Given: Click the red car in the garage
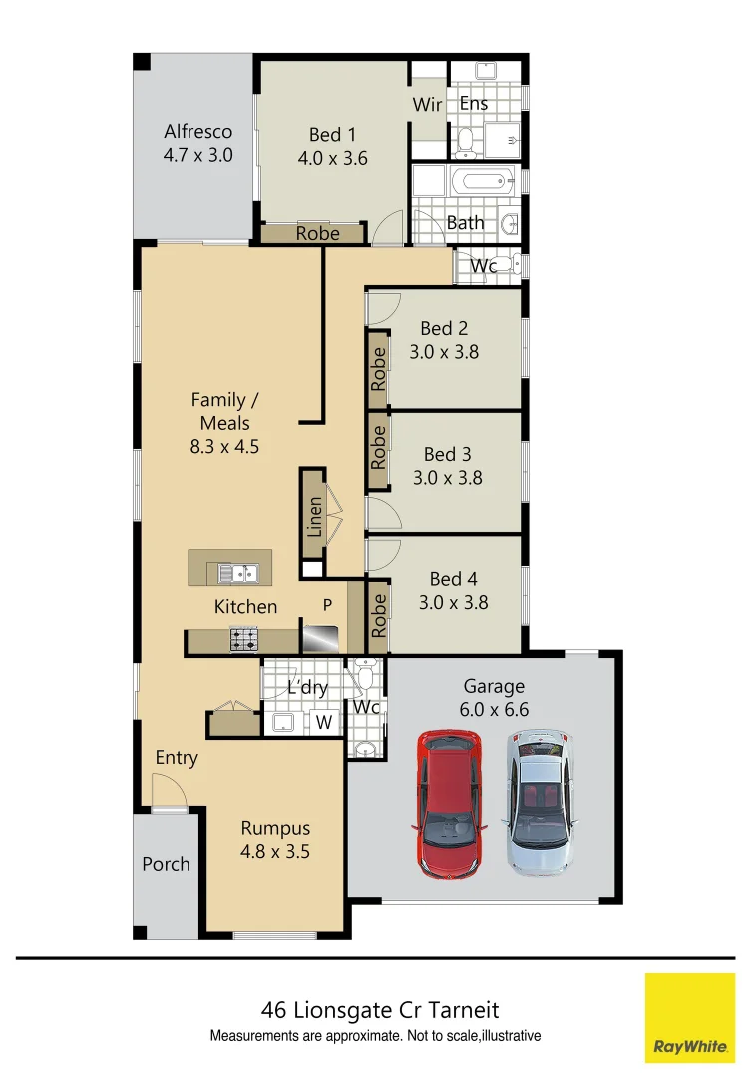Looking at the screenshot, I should [449, 803].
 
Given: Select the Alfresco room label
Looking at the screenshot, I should [197, 131].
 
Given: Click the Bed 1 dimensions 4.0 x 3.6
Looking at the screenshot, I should [332, 158].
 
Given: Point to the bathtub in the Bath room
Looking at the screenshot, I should [481, 183].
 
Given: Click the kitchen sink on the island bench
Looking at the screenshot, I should [239, 573].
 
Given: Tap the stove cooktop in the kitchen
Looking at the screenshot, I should [244, 639].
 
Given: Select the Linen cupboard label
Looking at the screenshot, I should [315, 517].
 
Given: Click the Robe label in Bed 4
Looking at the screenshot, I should [378, 615].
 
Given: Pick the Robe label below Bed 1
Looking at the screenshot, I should [317, 234].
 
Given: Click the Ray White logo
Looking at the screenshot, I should [690, 1017].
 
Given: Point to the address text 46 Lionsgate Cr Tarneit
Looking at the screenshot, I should [379, 1010].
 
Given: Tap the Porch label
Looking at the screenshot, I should [166, 864].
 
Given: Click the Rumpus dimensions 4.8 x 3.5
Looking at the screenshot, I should [275, 852].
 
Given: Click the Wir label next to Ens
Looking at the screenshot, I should [427, 104].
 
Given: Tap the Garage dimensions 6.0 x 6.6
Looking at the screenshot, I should [494, 710].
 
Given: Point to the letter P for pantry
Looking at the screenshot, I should [326, 605].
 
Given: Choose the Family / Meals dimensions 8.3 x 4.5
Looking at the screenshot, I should [224, 447].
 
